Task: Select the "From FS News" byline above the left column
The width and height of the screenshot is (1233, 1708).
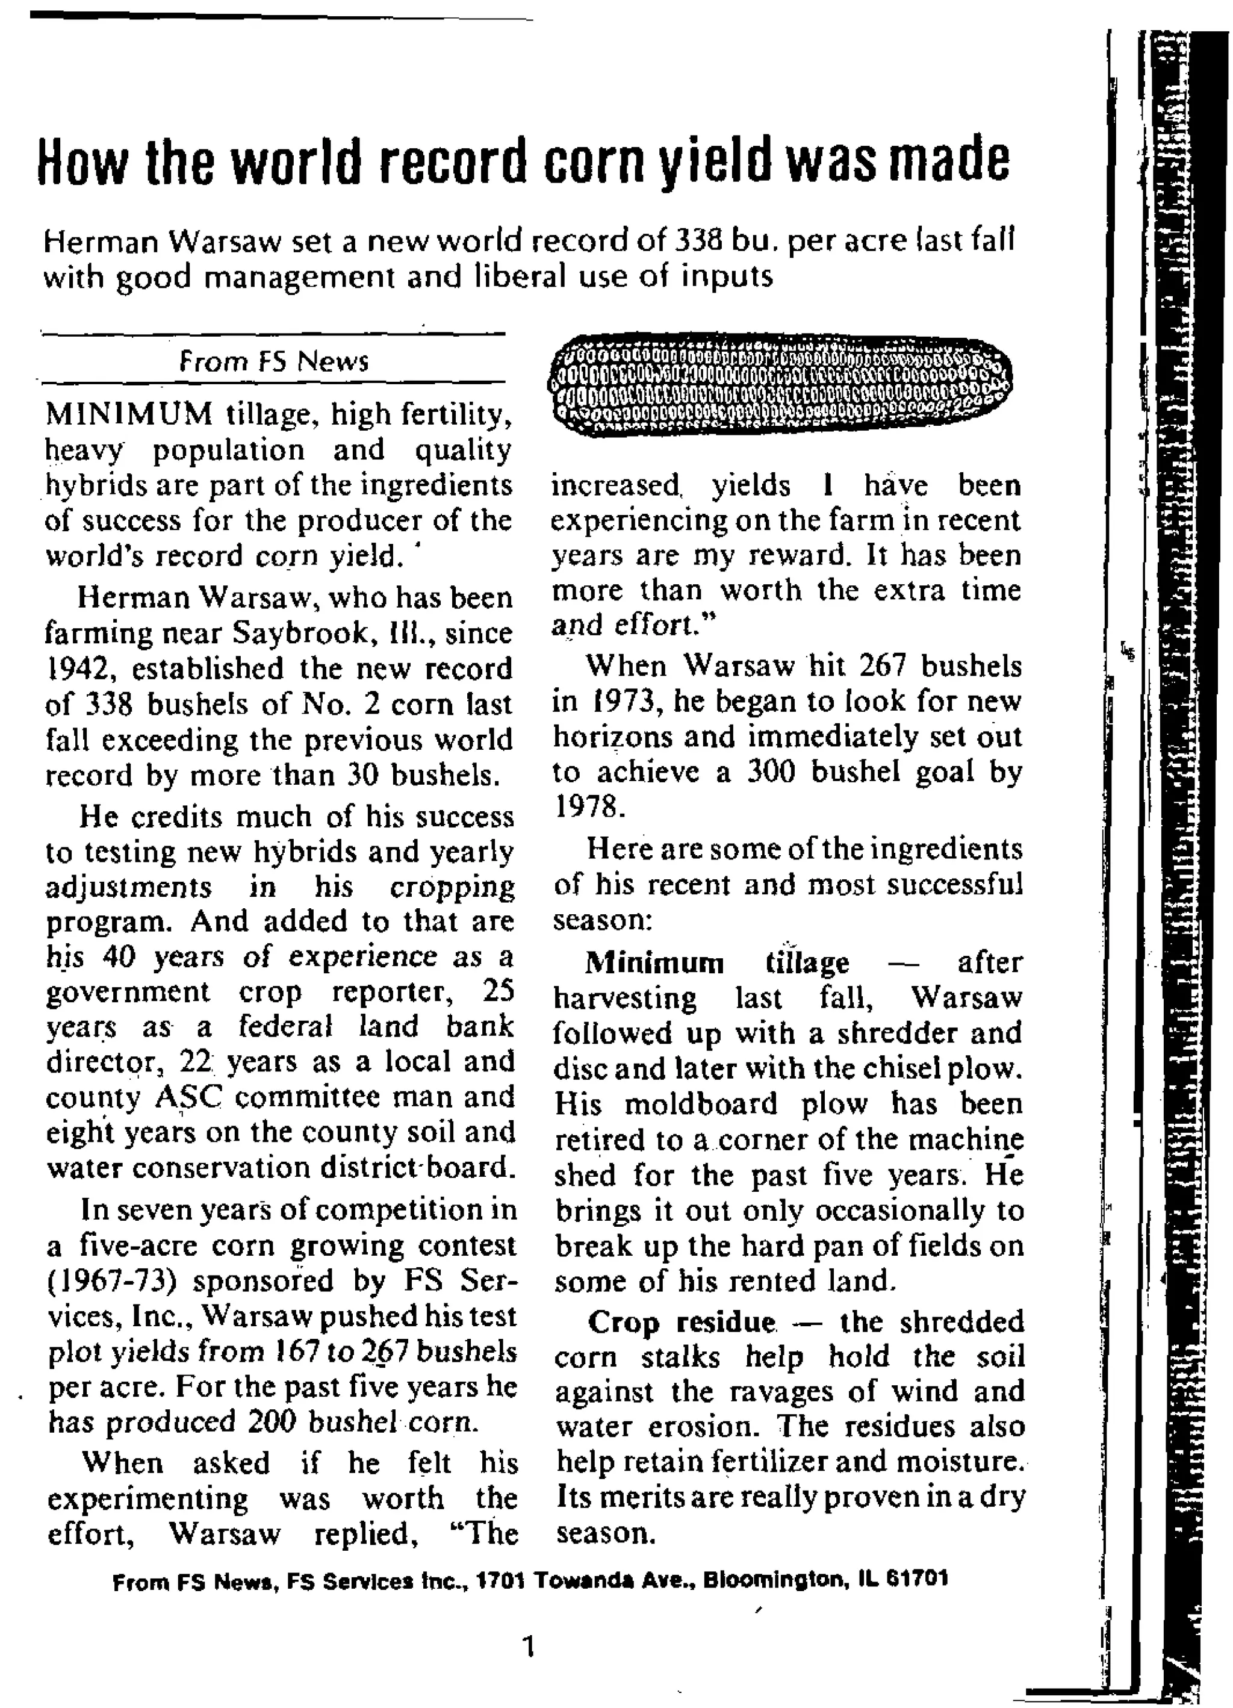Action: pos(274,362)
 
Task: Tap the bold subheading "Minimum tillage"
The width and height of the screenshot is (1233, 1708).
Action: pos(716,962)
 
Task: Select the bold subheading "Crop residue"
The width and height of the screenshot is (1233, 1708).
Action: pos(682,1322)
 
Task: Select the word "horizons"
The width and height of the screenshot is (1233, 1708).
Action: pos(608,737)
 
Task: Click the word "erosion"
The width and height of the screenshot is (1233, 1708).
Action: pos(713,1426)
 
